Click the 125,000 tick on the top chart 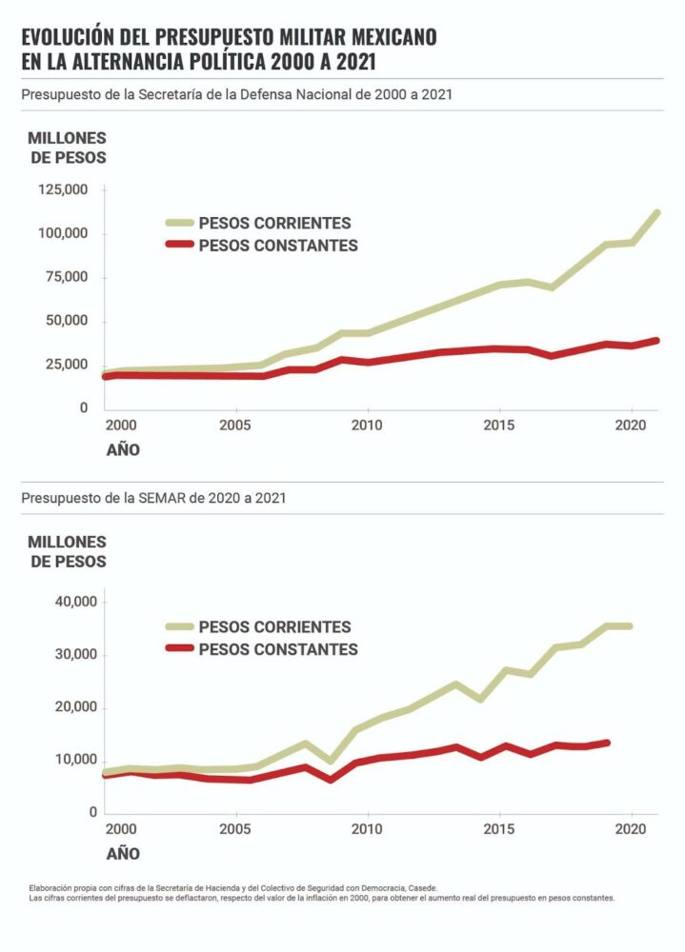63,190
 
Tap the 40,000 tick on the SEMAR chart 71,602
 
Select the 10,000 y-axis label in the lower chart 71,760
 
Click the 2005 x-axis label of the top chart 235,422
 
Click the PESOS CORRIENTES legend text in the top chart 274,224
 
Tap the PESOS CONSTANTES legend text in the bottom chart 278,649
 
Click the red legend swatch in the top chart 178,246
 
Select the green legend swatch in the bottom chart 178,627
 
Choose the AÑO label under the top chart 122,448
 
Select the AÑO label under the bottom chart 122,854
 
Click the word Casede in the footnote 417,887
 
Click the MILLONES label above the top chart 67,138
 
